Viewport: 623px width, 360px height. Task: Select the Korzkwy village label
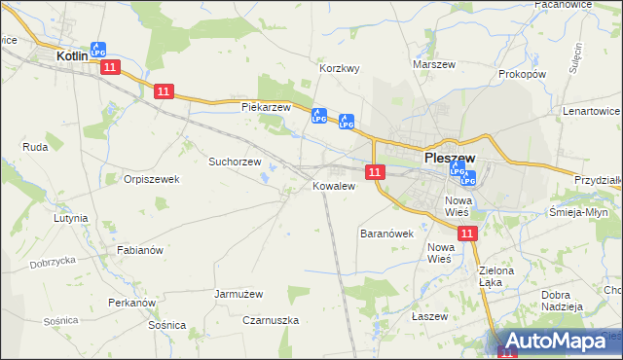pyautogui.click(x=341, y=69)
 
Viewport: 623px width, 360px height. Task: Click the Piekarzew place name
pyautogui.click(x=267, y=106)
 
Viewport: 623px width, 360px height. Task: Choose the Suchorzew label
pyautogui.click(x=236, y=162)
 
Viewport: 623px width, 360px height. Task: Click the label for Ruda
pyautogui.click(x=35, y=147)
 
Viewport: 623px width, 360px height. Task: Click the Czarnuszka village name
pyautogui.click(x=270, y=320)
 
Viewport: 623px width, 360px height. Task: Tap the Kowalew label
pyautogui.click(x=332, y=186)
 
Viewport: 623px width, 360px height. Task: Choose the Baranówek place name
pyautogui.click(x=387, y=234)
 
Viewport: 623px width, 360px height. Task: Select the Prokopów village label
pyautogui.click(x=522, y=74)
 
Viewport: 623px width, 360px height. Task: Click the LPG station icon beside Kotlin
pyautogui.click(x=98, y=49)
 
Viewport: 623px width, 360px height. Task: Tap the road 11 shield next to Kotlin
pyautogui.click(x=109, y=66)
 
